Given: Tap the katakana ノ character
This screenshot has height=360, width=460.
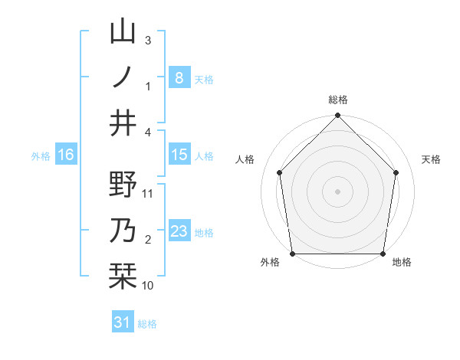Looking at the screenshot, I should click(123, 77).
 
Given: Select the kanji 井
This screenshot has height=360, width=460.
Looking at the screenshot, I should click(123, 123).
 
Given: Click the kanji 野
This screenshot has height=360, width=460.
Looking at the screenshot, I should click(123, 185).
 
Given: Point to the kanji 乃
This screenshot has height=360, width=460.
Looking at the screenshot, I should click(123, 231).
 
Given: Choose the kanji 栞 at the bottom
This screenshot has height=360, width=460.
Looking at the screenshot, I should click(123, 277).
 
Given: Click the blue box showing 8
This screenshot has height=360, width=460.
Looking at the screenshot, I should click(179, 77).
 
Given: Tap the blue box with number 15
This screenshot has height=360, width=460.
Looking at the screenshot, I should click(179, 155).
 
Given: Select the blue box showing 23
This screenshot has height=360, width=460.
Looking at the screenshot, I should click(179, 231).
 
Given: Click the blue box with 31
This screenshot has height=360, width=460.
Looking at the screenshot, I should click(123, 322).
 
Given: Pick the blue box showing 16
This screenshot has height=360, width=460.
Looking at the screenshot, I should click(66, 155).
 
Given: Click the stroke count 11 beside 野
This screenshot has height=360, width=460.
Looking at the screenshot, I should click(149, 194).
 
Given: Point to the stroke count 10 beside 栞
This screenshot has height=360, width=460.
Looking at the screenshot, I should click(148, 286).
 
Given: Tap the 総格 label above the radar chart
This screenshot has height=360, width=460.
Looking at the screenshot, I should click(337, 100).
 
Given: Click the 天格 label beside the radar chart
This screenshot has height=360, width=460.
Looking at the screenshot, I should click(432, 159).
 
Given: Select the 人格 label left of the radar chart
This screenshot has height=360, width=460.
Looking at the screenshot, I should click(246, 159).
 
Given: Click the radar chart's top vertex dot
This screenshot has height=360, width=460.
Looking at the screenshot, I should click(337, 116).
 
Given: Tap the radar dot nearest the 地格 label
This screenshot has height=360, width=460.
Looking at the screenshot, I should click(383, 254).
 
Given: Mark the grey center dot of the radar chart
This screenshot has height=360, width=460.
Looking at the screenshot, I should click(337, 191).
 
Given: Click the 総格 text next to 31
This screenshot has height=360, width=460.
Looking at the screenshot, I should click(147, 324).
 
